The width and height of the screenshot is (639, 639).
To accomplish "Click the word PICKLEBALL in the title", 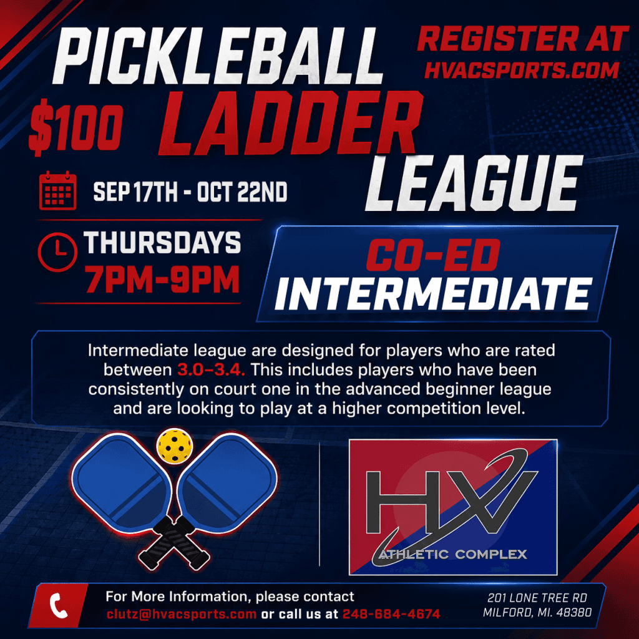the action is pos(218,56).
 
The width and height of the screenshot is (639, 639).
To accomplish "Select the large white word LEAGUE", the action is pos(474,183).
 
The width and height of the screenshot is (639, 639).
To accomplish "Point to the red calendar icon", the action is pos(58,191).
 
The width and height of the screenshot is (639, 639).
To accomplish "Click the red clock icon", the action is pos(57,252).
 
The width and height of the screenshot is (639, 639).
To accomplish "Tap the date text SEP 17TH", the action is pos(135,192).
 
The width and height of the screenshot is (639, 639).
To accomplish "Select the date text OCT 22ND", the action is pos(242,192).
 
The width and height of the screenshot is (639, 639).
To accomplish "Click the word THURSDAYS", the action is pos(162,243).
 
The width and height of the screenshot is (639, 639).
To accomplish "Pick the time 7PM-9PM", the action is pos(162,280).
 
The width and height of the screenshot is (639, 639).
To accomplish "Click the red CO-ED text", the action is pos(433,255).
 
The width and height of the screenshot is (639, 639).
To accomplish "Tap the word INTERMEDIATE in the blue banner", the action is pos(433,294).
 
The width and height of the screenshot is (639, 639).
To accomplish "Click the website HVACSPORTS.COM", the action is pos(522,70).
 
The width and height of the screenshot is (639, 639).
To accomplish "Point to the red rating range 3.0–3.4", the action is pos(211,370).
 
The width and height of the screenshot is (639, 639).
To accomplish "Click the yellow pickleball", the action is pos(175,446).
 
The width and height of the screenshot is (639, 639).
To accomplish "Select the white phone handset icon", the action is pos(58,606).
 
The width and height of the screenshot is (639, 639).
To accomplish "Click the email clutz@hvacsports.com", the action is pos(182,614).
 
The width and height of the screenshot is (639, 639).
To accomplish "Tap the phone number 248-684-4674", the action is pos(391,614).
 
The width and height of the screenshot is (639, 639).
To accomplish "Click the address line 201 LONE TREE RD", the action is pos(537,598).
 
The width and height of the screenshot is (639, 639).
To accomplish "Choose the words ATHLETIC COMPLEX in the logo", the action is pos(452,554).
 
